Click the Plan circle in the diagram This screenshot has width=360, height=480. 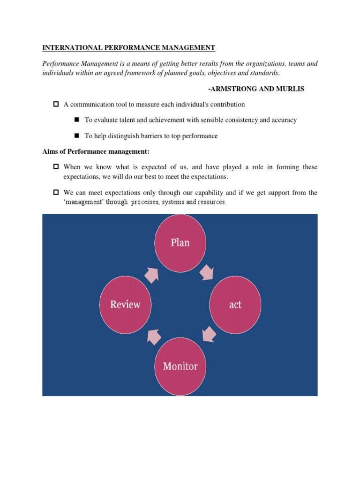[180, 243]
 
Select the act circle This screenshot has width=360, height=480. [235, 305]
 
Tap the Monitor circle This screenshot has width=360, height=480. [180, 366]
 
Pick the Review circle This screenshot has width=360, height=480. [125, 305]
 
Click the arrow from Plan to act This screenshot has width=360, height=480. [207, 272]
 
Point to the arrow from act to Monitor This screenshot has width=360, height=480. [209, 334]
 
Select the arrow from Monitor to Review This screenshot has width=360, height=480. [153, 336]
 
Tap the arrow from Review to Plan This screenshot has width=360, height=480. [152, 274]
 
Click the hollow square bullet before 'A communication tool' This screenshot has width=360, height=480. [56, 104]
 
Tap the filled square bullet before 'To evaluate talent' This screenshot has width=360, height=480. [77, 120]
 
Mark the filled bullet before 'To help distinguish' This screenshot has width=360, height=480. [77, 136]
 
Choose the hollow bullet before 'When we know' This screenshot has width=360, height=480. [56, 167]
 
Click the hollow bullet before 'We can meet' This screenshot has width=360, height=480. [56, 192]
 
